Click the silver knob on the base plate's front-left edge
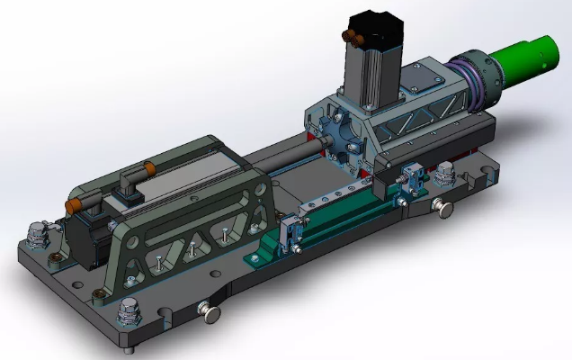[211, 312]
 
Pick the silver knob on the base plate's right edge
[445, 208]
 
